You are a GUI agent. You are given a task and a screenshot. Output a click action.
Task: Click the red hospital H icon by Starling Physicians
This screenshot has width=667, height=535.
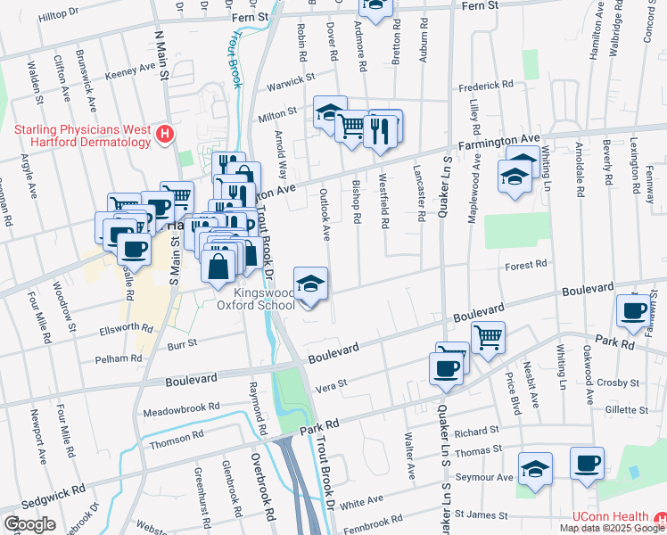click(x=164, y=135)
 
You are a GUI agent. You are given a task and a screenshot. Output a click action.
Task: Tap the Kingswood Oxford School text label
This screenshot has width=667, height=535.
click(x=264, y=299)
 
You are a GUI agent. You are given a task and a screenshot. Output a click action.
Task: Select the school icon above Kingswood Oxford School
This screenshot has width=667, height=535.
click(x=310, y=284)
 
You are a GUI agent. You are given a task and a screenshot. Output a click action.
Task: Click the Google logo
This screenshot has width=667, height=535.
click(x=29, y=523)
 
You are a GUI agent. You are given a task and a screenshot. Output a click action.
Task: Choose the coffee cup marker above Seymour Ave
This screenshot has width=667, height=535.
click(x=587, y=464)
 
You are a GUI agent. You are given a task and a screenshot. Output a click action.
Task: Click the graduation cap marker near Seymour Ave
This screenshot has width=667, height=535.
click(x=535, y=468)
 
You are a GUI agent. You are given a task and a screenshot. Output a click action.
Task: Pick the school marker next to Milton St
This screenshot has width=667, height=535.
click(x=329, y=112)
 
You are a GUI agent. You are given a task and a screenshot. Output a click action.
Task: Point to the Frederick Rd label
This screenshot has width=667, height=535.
click(x=486, y=86)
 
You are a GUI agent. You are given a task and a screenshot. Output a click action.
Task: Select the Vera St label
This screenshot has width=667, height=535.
click(x=332, y=386)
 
